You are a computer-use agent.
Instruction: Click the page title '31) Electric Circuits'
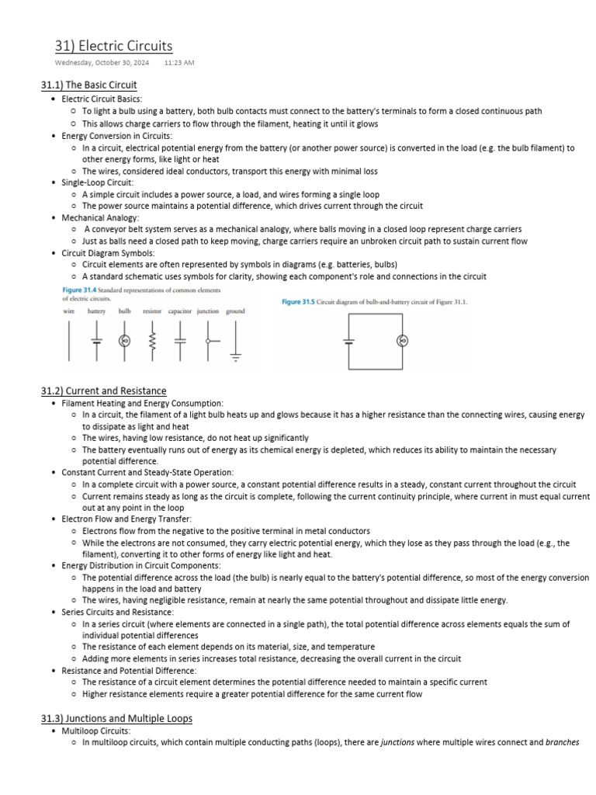coord(113,46)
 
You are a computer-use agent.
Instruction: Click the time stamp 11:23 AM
coord(179,62)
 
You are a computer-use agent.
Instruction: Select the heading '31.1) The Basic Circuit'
coord(88,85)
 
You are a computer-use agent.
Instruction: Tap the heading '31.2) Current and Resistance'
coord(103,391)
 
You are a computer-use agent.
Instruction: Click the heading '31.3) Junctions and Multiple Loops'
coord(116,718)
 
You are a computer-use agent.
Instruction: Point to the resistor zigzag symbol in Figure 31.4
coord(152,340)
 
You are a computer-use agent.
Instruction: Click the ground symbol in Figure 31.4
coord(235,342)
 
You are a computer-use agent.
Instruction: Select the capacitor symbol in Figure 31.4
coord(180,340)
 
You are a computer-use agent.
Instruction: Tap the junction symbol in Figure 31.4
coord(208,340)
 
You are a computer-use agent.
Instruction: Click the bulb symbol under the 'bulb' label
coord(123,340)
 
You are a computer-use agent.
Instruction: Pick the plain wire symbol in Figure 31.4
coord(69,340)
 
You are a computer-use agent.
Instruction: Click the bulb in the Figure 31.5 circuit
coord(402,341)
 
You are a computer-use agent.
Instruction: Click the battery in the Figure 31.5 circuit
coord(349,341)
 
